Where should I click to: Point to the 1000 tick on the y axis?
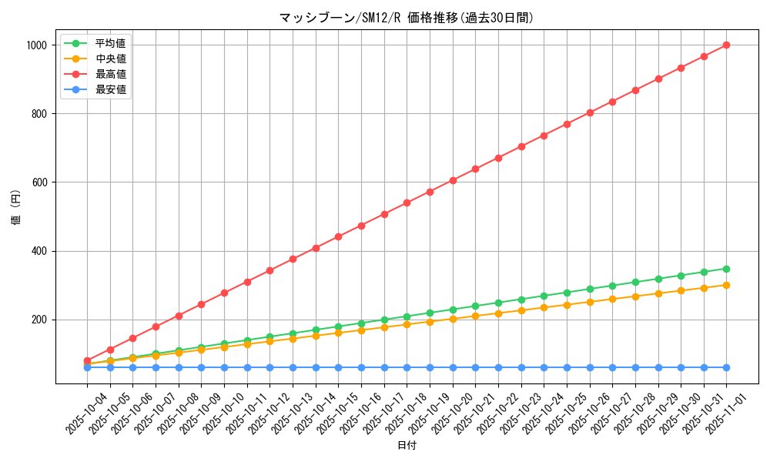[x=37, y=45]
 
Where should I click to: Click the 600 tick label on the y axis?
[x=39, y=182]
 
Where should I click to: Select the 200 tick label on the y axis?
[x=39, y=320]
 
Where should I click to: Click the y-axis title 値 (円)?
[x=16, y=208]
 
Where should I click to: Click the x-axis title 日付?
[x=407, y=446]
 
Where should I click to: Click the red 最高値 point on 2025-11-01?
[x=726, y=45]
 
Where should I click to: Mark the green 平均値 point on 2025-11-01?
[x=726, y=269]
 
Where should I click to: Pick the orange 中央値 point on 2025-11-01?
[x=726, y=285]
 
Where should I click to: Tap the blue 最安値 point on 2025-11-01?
[x=726, y=367]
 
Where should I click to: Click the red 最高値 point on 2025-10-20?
[x=453, y=180]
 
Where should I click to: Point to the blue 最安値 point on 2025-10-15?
[x=338, y=367]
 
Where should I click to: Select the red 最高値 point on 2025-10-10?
[x=224, y=293]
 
